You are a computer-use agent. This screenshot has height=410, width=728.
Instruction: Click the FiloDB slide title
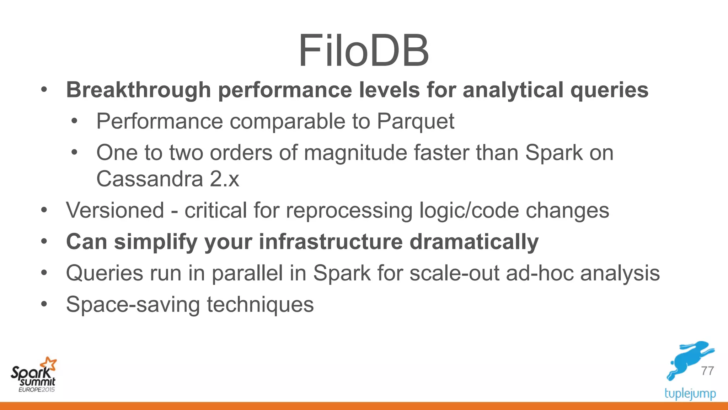[364, 51]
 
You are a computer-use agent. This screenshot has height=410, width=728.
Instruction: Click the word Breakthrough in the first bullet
[139, 90]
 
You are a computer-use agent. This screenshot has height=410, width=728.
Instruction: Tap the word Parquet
[415, 121]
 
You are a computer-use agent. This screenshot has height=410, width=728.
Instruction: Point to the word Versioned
[115, 210]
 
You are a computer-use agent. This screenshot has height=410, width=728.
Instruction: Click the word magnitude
[355, 153]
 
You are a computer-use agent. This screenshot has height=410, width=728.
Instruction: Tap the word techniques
[260, 305]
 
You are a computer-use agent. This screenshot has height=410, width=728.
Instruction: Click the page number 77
[707, 371]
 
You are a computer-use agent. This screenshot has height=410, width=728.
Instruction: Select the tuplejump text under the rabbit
[690, 394]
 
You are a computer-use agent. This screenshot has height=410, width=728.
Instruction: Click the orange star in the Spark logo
[49, 364]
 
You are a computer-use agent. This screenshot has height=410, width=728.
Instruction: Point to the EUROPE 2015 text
[37, 390]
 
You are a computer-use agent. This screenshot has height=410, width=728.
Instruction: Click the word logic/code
[469, 210]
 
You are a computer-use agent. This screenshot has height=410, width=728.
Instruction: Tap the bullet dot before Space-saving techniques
[44, 304]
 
